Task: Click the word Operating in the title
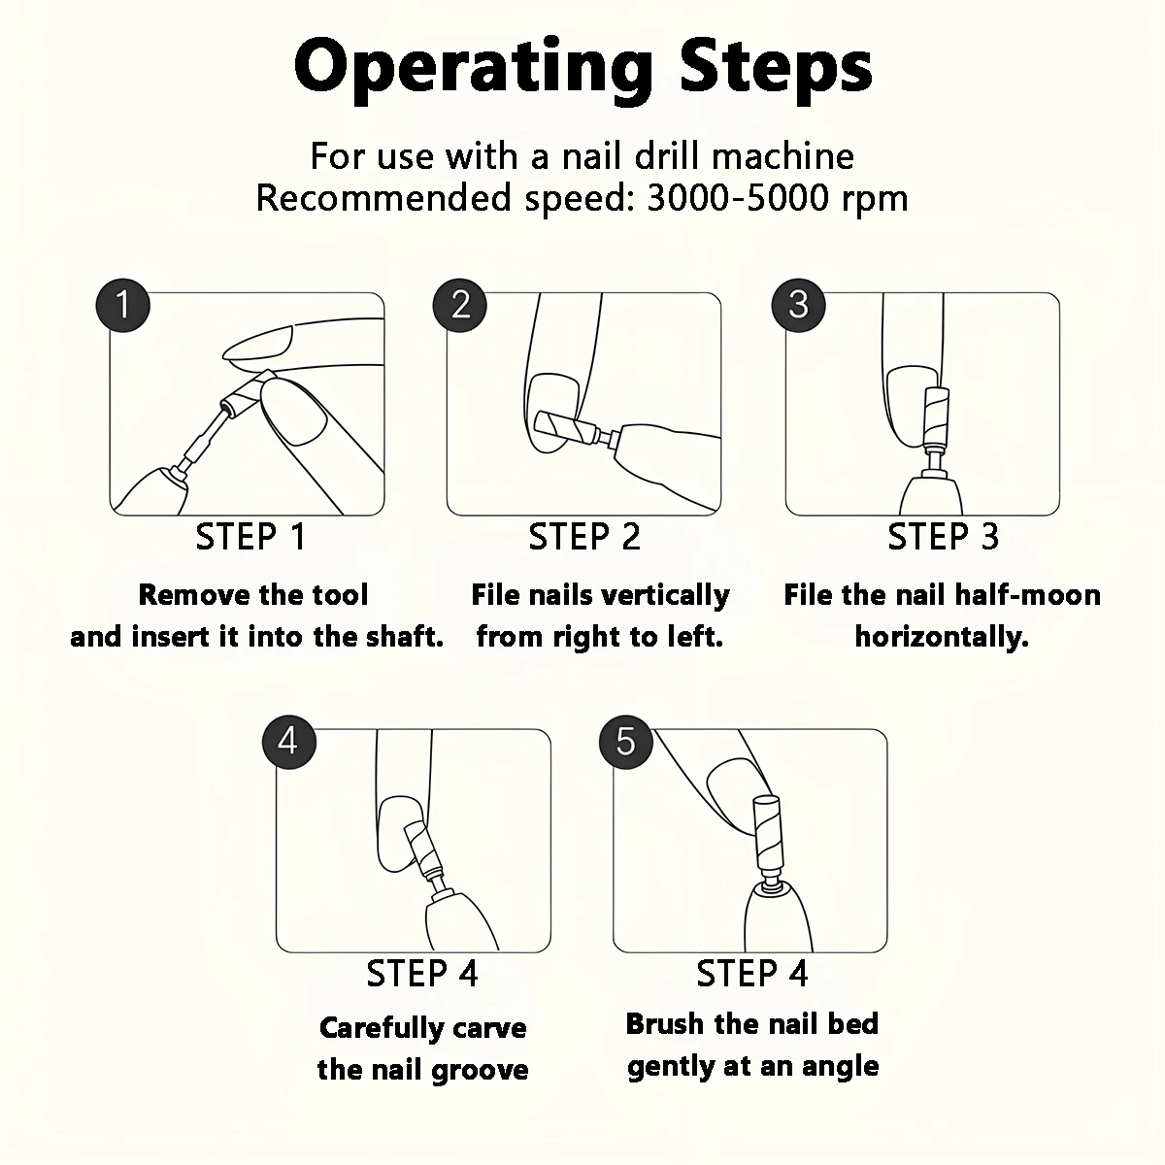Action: click(474, 68)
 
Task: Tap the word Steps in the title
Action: click(776, 68)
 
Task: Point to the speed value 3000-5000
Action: click(737, 198)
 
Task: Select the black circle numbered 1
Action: click(122, 305)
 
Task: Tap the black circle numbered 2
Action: click(459, 305)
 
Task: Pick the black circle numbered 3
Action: click(798, 305)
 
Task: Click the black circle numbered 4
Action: click(289, 742)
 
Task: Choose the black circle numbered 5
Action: click(626, 742)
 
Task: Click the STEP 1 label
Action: click(250, 537)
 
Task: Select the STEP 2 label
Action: click(584, 537)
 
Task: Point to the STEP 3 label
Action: click(943, 537)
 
